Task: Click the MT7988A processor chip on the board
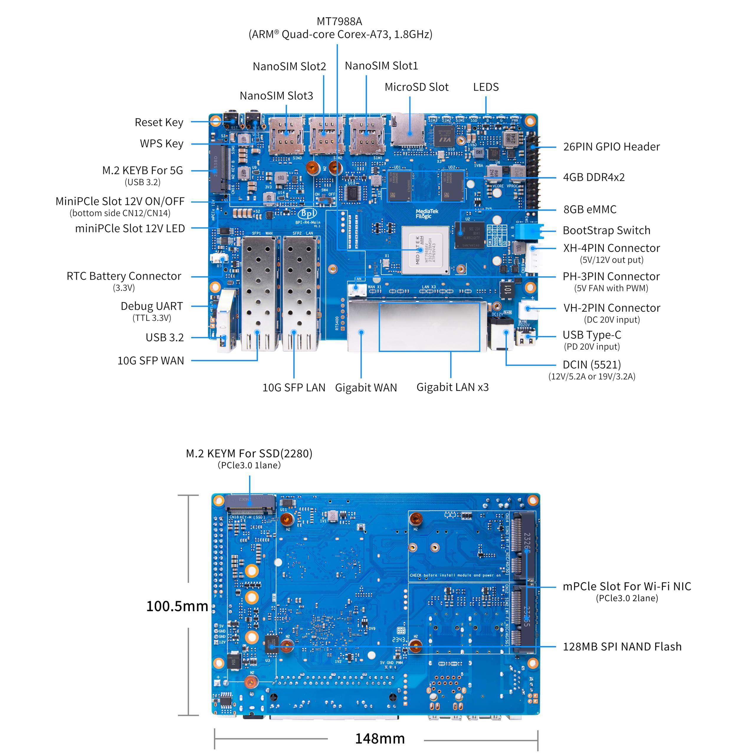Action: click(425, 249)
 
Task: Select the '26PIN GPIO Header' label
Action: click(611, 147)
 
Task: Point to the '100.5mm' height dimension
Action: click(177, 606)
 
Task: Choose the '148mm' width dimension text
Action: click(380, 738)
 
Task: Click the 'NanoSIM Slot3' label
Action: click(276, 96)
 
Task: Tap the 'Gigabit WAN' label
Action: click(366, 387)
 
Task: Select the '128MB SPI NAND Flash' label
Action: click(622, 646)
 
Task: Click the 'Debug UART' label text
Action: click(152, 306)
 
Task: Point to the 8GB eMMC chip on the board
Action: click(469, 235)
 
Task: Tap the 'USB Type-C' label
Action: click(592, 335)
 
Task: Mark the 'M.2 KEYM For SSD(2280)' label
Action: click(249, 453)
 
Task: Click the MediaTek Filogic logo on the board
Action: click(427, 213)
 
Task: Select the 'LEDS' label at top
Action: click(486, 87)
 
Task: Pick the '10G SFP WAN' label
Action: click(150, 360)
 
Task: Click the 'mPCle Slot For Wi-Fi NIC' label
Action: click(626, 586)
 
